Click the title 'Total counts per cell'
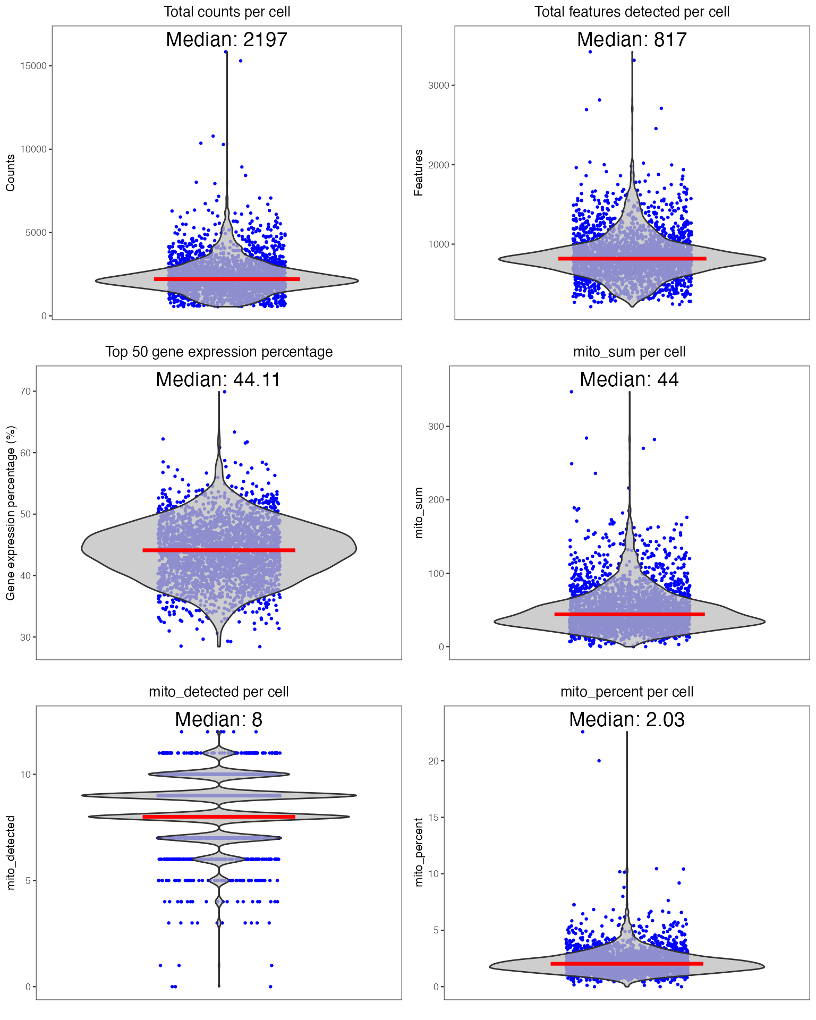pyautogui.click(x=227, y=12)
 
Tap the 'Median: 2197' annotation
pyautogui.click(x=227, y=40)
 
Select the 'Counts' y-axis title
pyautogui.click(x=10, y=173)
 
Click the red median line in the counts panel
pyautogui.click(x=227, y=279)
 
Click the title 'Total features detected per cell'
pyautogui.click(x=632, y=12)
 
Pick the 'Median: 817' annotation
pyautogui.click(x=632, y=40)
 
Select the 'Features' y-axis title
pyautogui.click(x=419, y=173)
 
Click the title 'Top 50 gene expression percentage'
pyautogui.click(x=219, y=352)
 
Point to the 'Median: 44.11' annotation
pyautogui.click(x=218, y=380)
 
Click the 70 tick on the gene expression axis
pyautogui.click(x=25, y=392)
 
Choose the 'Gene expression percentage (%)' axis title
pyautogui.click(x=10, y=513)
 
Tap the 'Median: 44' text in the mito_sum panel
pyautogui.click(x=629, y=380)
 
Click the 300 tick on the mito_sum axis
pyautogui.click(x=436, y=427)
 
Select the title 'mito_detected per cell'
pyautogui.click(x=219, y=692)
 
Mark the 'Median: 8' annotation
pyautogui.click(x=218, y=720)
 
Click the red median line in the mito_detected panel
pyautogui.click(x=219, y=817)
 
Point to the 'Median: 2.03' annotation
pyautogui.click(x=627, y=720)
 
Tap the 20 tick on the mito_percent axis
pyautogui.click(x=433, y=761)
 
